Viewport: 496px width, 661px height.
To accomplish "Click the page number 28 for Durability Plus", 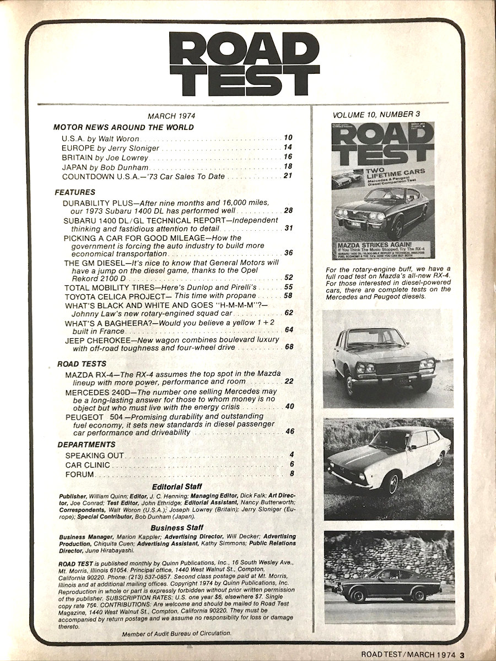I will (288, 210).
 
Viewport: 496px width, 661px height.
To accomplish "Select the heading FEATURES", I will (75, 192).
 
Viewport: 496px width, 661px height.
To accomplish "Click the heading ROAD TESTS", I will (82, 364).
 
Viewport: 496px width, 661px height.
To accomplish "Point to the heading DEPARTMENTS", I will (87, 444).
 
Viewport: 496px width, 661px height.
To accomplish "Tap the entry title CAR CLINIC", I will (85, 464).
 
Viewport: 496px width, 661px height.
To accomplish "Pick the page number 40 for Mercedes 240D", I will (289, 407).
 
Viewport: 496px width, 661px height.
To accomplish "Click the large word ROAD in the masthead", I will (244, 48).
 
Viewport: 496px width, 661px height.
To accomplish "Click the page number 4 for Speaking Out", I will (291, 455).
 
